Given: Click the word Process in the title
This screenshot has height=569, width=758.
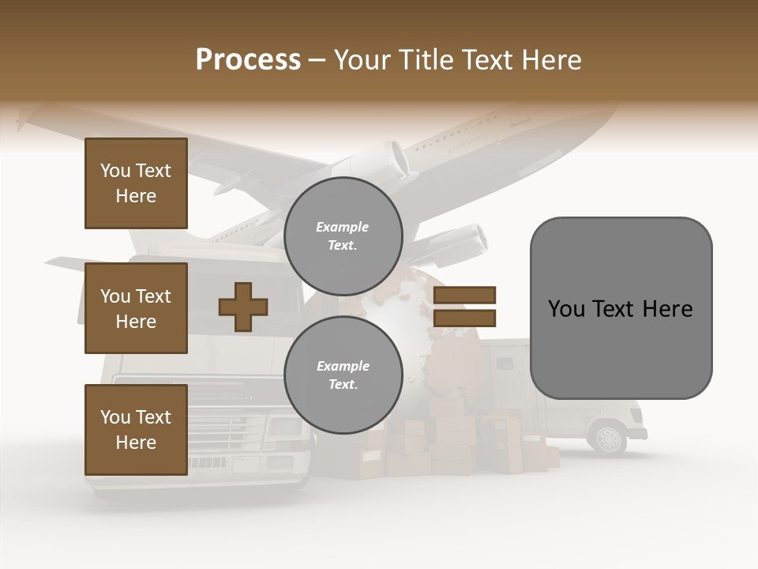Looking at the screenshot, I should [248, 60].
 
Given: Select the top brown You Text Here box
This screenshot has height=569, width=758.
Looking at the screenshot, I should [136, 183].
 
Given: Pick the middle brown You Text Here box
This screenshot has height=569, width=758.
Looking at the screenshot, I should [136, 308].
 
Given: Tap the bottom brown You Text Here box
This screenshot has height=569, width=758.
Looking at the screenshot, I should [136, 430].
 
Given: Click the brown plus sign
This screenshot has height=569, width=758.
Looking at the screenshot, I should [243, 306].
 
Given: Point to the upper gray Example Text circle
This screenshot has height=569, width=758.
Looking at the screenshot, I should [343, 236].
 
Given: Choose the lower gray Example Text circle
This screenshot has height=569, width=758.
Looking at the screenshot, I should [343, 375].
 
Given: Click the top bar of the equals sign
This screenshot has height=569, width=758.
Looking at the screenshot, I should [464, 296].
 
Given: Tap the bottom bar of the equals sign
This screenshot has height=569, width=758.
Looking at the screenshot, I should [464, 318].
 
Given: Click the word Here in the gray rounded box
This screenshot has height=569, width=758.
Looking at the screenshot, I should [667, 308].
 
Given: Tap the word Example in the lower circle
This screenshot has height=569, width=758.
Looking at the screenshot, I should [343, 366].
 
